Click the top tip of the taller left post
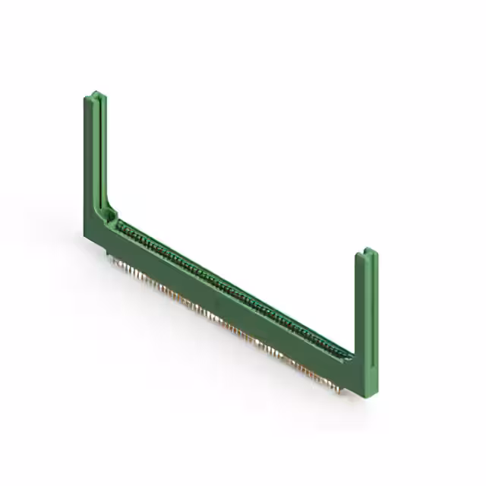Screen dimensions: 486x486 [x=93, y=95]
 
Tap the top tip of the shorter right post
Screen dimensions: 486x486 [x=366, y=251]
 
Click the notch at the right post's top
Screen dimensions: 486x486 [x=367, y=252]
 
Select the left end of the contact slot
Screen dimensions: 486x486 [x=118, y=222]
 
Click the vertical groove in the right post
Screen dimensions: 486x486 [x=367, y=304]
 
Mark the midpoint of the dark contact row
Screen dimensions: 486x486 [x=232, y=289]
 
